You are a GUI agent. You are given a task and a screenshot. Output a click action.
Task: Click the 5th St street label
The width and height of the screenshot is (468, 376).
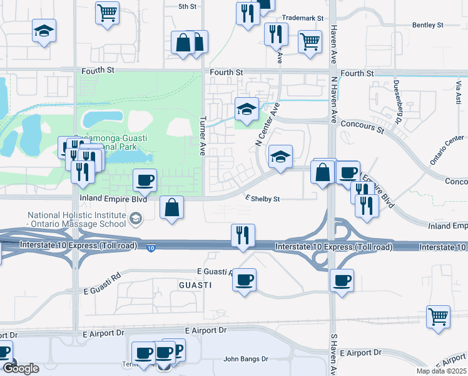(x=187, y=6)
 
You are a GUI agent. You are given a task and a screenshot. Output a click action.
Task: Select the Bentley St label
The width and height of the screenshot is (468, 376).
(x=427, y=25)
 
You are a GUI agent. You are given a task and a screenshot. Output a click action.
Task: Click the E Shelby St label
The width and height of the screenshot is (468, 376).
(x=261, y=199)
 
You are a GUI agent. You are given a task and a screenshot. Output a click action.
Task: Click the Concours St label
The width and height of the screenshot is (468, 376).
(x=363, y=129)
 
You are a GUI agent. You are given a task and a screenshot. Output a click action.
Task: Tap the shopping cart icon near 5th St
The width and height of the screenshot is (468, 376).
(x=107, y=12)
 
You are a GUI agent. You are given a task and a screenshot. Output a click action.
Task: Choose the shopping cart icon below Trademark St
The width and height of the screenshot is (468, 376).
(x=310, y=41)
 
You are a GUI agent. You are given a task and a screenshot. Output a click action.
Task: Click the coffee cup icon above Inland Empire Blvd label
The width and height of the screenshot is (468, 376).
(x=145, y=180)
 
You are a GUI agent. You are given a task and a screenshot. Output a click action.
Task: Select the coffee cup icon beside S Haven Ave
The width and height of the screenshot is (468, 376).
(x=342, y=280)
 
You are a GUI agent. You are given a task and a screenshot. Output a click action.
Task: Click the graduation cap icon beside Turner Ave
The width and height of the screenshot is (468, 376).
(x=247, y=109)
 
